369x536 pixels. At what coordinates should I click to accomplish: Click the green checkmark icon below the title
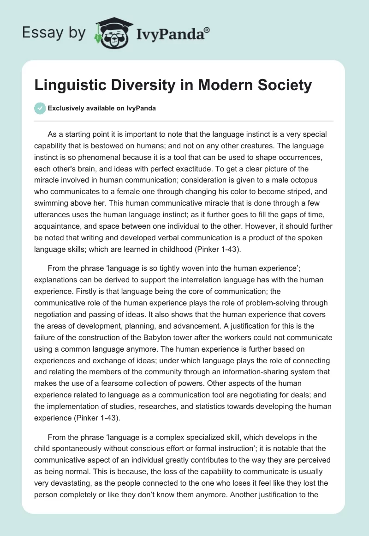click(40, 108)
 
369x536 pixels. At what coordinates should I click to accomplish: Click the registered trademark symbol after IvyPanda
click(207, 30)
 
